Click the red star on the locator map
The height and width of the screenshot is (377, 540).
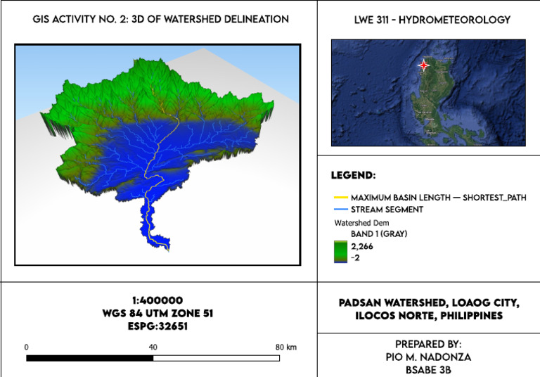coord(423,65)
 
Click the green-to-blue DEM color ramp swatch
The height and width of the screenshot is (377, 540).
coord(339,252)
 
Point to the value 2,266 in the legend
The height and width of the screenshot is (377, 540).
coord(364,245)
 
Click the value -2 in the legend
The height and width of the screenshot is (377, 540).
coord(357,258)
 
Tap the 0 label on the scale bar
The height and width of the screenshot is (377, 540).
coord(26,347)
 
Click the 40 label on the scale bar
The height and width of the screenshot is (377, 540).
coord(153,347)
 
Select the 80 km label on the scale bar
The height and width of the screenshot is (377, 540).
coord(284,347)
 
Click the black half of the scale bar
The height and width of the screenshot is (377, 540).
coord(89,358)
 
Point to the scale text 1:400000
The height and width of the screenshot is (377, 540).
coord(158,300)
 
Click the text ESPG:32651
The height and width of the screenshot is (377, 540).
coord(158,326)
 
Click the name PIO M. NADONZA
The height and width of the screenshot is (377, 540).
coord(428,357)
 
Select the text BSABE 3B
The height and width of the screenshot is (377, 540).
coord(428,369)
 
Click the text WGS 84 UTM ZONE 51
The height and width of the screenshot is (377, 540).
coord(158,313)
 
